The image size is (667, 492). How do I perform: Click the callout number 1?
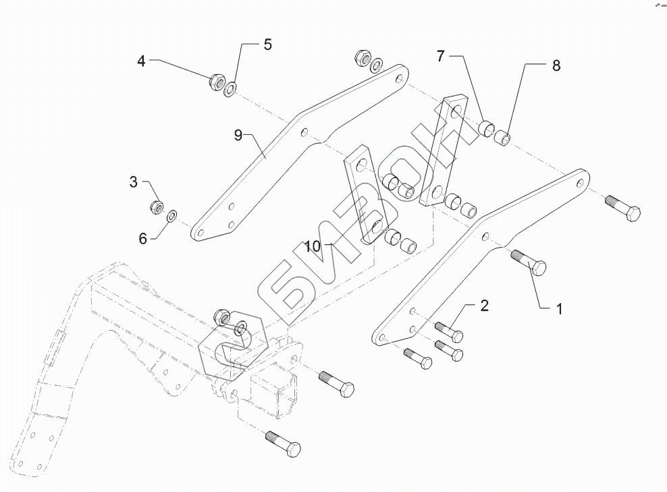click(x=560, y=309)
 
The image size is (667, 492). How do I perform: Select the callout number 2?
click(x=485, y=305)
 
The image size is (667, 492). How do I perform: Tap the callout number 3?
click(x=134, y=182)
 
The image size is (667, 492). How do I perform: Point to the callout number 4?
click(x=141, y=61)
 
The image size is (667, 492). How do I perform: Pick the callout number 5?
click(x=267, y=45)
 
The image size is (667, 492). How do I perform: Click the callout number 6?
click(x=143, y=238)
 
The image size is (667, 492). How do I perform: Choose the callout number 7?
click(x=440, y=56)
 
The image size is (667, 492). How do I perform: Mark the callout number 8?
click(x=556, y=65)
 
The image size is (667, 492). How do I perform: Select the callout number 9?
click(x=238, y=135)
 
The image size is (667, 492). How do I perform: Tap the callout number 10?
click(x=312, y=246)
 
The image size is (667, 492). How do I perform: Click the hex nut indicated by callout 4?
click(x=216, y=82)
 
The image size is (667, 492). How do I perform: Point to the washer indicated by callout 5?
click(x=230, y=88)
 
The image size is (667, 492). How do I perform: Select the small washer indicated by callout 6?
click(x=172, y=215)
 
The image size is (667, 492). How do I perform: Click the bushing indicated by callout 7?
click(x=486, y=128)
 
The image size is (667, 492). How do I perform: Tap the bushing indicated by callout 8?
click(x=502, y=137)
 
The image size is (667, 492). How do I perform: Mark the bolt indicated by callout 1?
click(x=529, y=263)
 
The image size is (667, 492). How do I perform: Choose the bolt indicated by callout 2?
click(x=449, y=331)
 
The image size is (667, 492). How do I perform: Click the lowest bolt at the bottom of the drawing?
click(x=284, y=443)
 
